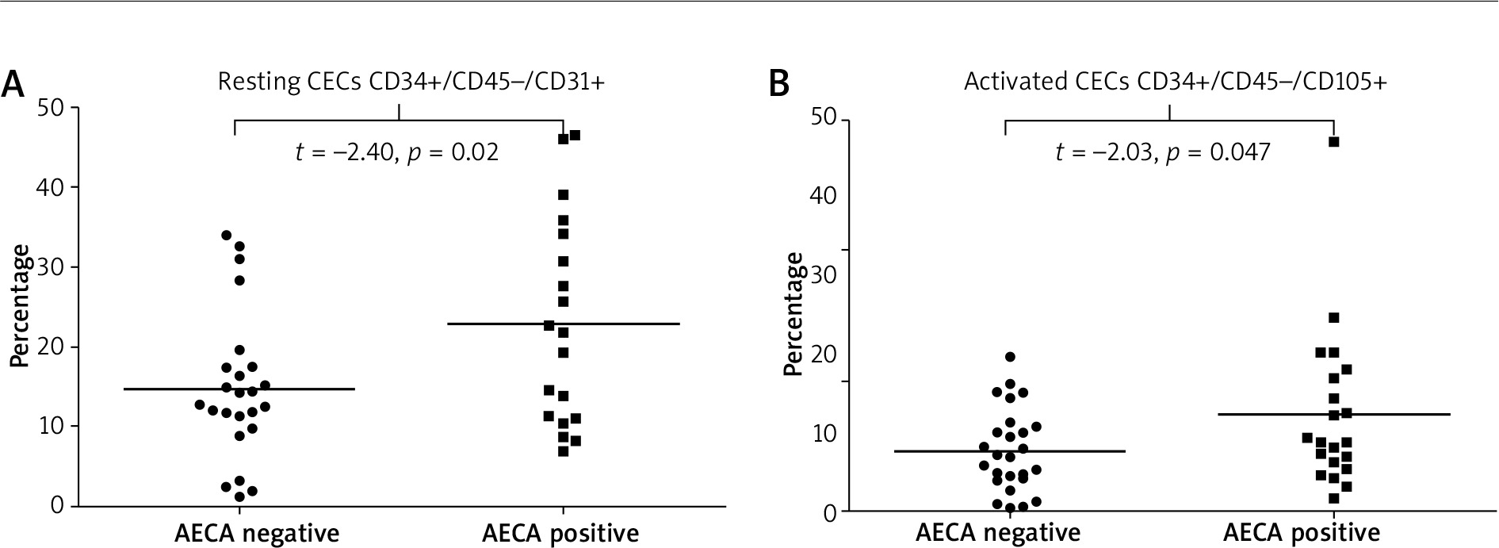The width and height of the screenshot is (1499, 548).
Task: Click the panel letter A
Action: pos(14,82)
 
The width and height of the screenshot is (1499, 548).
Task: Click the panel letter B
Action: pos(780,82)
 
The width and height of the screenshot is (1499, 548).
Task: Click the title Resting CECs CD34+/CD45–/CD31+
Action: pos(411,82)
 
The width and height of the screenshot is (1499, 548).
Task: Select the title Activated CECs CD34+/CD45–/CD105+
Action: pos(1175,82)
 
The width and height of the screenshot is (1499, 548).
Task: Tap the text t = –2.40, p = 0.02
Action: pos(397,151)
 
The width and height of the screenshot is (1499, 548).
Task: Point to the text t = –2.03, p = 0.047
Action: pos(1162,151)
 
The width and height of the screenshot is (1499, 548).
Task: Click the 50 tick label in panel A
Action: pos(54,107)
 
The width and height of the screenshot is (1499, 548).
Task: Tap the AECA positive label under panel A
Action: pos(560,533)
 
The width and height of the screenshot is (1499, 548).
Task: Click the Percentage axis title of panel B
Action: pos(793,314)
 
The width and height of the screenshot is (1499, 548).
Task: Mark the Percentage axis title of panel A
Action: pos(20,306)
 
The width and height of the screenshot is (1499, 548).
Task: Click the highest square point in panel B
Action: pos(1333,142)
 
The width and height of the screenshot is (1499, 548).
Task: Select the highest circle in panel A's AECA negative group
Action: pos(227,236)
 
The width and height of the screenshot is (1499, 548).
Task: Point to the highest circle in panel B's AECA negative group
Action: pos(1009,357)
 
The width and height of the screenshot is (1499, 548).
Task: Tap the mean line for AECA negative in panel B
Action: pos(1062,451)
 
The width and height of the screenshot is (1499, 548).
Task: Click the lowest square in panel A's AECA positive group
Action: pos(563,451)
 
